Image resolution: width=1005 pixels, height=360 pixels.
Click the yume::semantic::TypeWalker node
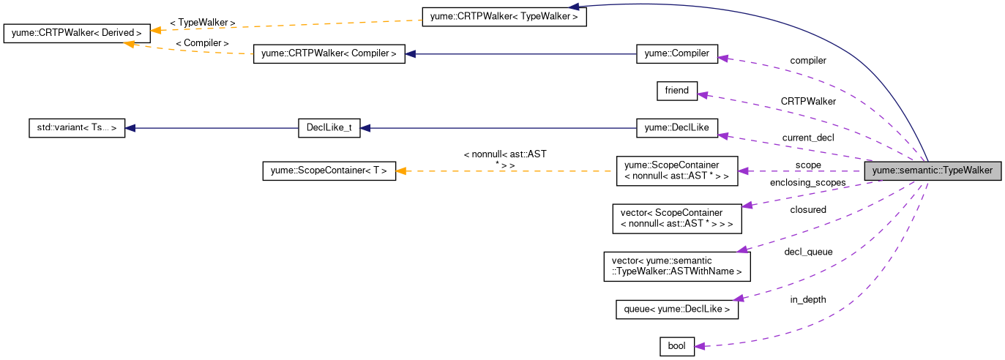[x=933, y=171]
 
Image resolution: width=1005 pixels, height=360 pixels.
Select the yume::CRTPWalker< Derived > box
[x=77, y=33]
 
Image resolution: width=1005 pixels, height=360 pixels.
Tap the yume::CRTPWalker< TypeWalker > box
[x=504, y=16]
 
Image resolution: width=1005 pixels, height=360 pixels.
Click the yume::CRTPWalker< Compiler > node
[x=329, y=53]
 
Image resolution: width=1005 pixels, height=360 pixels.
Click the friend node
[x=676, y=91]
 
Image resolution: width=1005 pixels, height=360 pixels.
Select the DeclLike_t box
[x=330, y=127]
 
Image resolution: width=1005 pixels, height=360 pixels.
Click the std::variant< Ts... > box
[x=76, y=127]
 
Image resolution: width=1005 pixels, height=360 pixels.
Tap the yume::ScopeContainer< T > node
[x=329, y=171]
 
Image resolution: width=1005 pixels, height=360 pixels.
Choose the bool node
[x=676, y=346]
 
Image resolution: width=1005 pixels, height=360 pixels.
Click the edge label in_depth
[x=808, y=299]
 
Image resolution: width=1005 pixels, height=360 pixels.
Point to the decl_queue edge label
[x=808, y=252]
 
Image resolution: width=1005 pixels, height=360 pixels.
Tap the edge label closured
[x=808, y=210]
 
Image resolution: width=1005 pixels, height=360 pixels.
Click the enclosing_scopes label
[x=808, y=182]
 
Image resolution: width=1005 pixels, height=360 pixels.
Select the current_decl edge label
[x=808, y=138]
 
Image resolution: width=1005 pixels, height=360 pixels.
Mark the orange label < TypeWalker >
[x=203, y=23]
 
